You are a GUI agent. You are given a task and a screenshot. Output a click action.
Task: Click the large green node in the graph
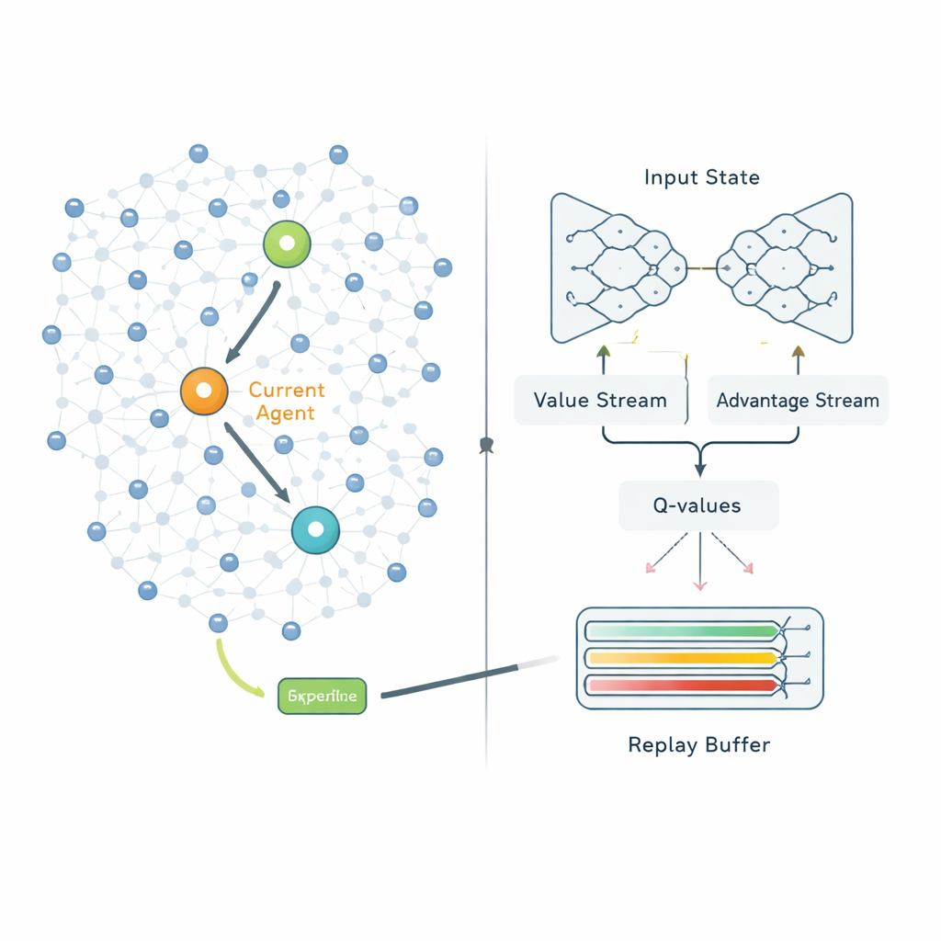tap(287, 244)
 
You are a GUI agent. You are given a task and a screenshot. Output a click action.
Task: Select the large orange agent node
tap(204, 391)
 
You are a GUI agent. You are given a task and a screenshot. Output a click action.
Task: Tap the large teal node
tap(315, 529)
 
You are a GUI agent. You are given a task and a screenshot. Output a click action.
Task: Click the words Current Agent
tap(287, 402)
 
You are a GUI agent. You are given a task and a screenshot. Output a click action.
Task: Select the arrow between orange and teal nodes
tap(258, 462)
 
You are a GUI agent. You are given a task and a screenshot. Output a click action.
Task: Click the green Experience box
tap(322, 696)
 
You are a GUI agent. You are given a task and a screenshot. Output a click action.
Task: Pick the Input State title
tap(702, 177)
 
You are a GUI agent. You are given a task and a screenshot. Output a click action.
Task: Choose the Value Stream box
tap(600, 401)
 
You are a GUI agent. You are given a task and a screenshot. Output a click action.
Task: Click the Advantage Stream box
tap(798, 401)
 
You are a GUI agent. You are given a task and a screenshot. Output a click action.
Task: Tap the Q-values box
tap(698, 505)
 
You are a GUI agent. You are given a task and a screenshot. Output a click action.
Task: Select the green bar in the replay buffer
tap(681, 631)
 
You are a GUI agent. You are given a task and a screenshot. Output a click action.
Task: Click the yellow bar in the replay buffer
tap(681, 658)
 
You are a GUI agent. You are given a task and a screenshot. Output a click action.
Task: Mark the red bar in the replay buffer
tap(681, 685)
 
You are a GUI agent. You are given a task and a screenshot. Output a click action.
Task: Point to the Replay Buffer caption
tap(699, 744)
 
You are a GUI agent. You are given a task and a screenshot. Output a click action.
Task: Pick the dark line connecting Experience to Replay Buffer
tap(459, 679)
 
